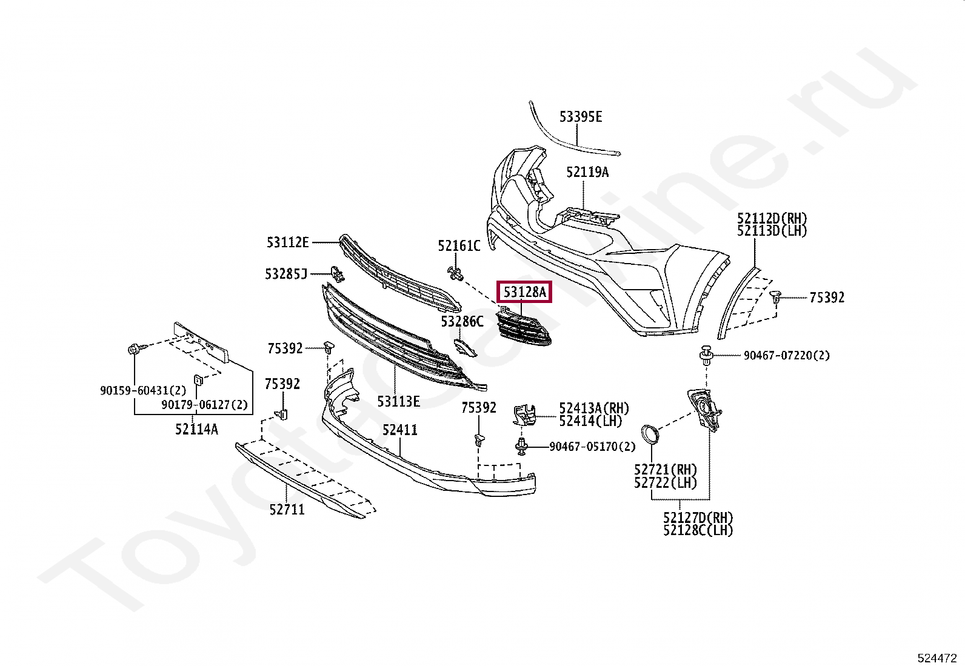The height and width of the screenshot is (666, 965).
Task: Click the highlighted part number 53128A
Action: [524, 293]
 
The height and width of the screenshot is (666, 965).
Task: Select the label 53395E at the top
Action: [580, 117]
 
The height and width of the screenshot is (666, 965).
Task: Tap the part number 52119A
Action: [587, 172]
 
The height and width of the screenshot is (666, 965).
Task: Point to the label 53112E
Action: [287, 242]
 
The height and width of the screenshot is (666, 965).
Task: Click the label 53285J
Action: [285, 274]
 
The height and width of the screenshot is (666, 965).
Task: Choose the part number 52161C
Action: [458, 245]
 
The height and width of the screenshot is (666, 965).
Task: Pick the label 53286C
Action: [462, 321]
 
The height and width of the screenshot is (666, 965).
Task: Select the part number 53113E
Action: [398, 401]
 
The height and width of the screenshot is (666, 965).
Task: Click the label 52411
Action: [399, 430]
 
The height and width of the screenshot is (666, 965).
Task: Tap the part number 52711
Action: [287, 510]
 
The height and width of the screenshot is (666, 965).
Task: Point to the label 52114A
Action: [196, 429]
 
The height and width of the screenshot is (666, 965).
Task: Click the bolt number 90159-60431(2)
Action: [143, 391]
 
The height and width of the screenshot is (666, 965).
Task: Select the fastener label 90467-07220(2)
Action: [786, 356]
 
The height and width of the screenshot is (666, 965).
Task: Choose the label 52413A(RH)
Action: [593, 408]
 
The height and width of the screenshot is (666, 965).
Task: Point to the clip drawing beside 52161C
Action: [455, 274]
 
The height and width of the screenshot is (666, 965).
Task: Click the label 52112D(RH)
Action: [772, 218]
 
